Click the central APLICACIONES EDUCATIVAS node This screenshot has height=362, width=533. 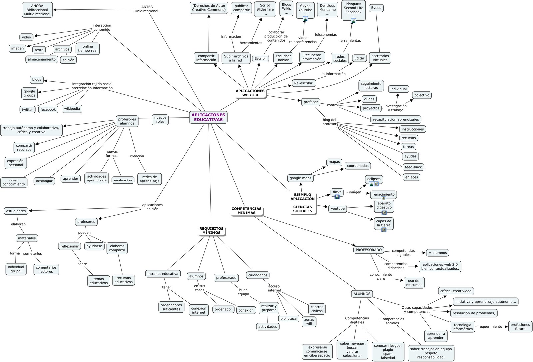coord(208,117)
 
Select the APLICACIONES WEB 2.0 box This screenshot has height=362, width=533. coord(250,93)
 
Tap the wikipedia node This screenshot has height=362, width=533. coord(72,109)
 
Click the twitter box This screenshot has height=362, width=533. coord(27,109)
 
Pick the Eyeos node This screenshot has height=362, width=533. coord(376,8)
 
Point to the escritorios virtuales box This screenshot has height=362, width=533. coord(380,58)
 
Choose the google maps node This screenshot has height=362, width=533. coord(300,178)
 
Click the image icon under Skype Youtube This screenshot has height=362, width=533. coord(305,19)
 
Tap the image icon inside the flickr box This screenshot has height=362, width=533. coord(337,197)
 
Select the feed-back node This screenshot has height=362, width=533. coord(413,167)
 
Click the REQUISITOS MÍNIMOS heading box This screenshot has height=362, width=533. coord(211,231)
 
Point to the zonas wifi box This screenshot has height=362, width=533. coord(309,321)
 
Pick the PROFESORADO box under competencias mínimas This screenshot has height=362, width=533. coord(369,250)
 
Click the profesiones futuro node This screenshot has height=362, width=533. coord(520,327)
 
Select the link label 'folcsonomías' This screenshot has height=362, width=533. coord(326,35)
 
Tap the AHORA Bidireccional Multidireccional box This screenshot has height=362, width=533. coord(37,10)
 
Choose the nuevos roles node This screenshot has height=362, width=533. coord(160,119)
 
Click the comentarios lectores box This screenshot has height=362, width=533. coord(46,269)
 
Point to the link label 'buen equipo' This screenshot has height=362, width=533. coord(243,292)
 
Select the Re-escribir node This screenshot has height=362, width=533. coord(303,83)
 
